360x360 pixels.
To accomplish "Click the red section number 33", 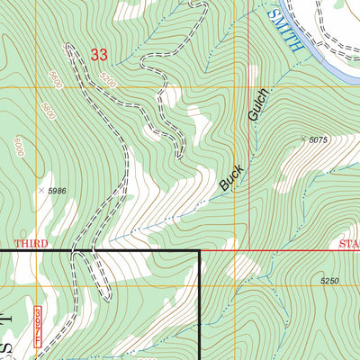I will tap(99, 55).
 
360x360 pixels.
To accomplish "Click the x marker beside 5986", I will tap(40, 190).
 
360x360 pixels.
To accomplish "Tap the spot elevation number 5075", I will tap(319, 140).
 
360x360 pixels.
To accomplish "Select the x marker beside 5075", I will tap(304, 139).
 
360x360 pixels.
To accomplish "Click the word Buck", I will tap(229, 176).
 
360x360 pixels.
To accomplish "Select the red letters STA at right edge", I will tap(348, 244).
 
